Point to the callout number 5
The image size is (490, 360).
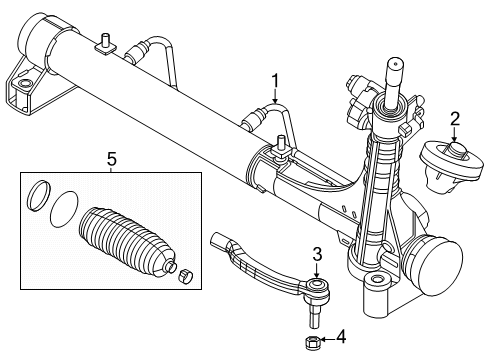(112, 159)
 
